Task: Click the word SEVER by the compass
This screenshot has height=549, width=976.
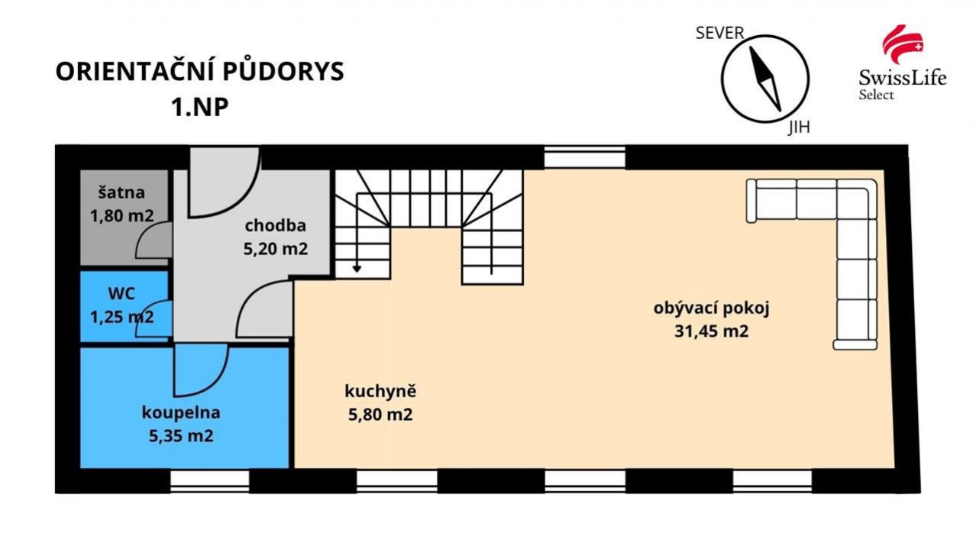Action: coord(719,33)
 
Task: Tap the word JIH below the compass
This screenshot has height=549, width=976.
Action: coord(799,128)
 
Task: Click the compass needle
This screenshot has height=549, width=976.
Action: coord(765,79)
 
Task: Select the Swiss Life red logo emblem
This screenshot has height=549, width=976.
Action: coord(903,44)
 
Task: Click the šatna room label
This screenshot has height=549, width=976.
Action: coord(121,192)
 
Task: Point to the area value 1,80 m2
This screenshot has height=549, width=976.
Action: coord(121,215)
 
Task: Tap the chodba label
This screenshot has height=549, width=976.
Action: coord(276,226)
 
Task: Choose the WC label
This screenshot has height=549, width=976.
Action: coord(121,294)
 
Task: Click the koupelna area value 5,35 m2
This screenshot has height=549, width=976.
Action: coord(181,436)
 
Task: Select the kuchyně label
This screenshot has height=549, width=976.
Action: coord(380,391)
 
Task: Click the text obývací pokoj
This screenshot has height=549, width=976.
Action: coord(712,308)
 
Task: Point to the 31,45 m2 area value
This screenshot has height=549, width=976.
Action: coord(712,331)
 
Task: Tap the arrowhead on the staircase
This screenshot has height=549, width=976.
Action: coord(357,269)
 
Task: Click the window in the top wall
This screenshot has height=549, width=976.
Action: coord(585,157)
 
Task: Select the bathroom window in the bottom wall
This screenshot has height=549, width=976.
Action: coord(209,481)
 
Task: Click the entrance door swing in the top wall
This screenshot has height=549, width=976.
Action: coord(225,182)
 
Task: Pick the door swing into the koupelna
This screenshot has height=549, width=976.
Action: coord(201,370)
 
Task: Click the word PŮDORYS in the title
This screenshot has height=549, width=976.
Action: coord(283,72)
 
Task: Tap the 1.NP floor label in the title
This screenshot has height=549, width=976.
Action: coord(200,107)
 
